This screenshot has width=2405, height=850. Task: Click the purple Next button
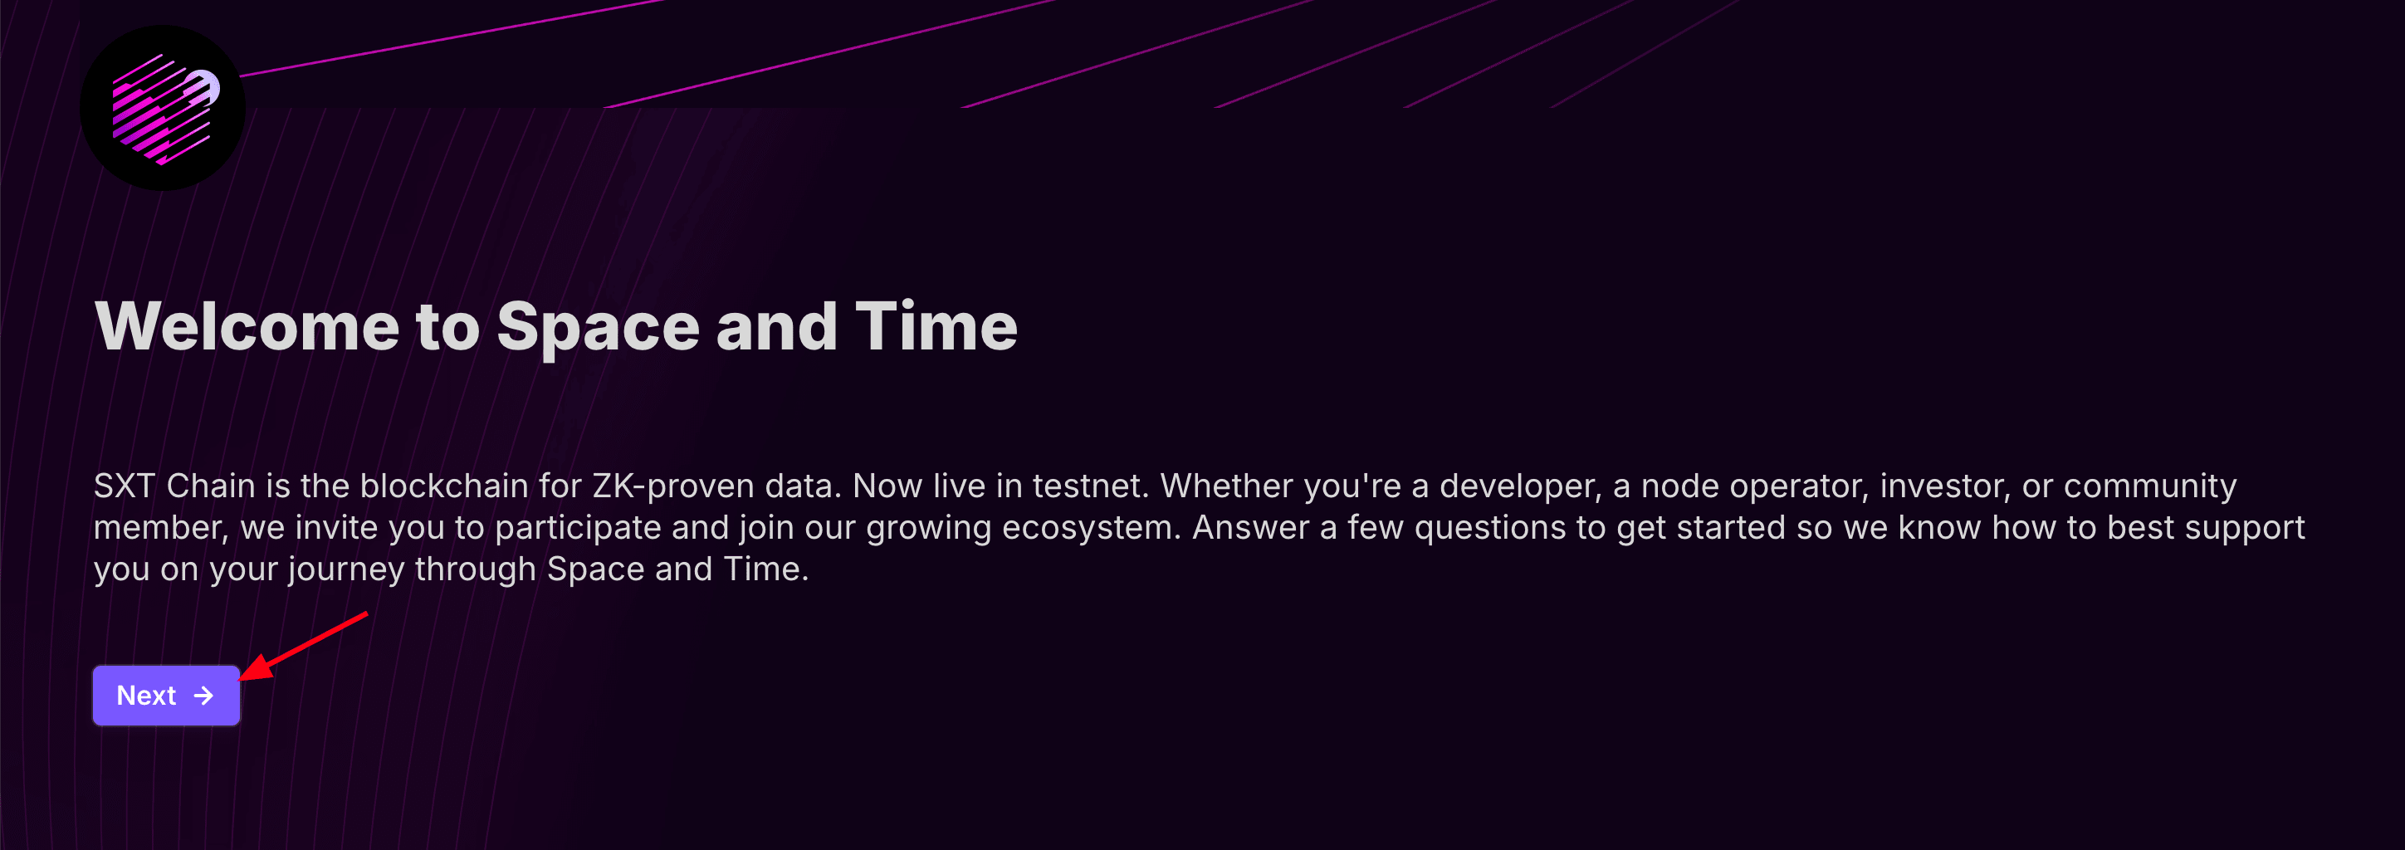point(166,695)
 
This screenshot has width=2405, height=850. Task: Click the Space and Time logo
point(163,108)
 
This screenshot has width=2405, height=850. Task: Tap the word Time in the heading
point(936,326)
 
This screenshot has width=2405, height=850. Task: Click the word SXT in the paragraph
point(125,486)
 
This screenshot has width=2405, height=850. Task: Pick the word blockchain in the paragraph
point(443,486)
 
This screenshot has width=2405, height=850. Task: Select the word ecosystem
point(1092,529)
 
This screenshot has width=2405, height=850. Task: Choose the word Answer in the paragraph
point(1251,528)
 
